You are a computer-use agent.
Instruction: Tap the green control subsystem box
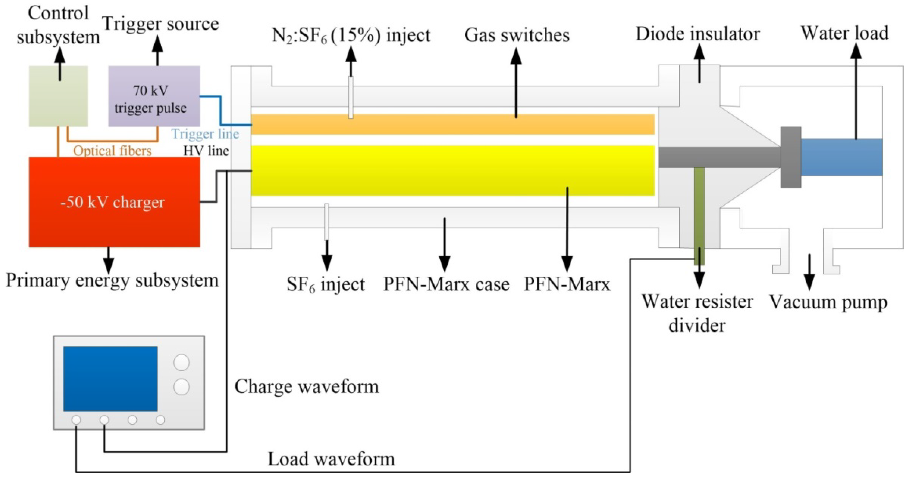tap(58, 103)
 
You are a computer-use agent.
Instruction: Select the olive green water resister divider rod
tap(699, 213)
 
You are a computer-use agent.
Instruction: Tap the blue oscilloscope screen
tap(110, 379)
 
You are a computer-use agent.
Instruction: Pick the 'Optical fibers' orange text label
tap(112, 151)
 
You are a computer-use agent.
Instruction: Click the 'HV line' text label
tap(206, 151)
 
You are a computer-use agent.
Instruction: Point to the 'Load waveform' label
tap(331, 459)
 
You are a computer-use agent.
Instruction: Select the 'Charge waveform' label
tap(307, 387)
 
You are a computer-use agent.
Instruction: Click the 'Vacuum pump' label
tap(828, 302)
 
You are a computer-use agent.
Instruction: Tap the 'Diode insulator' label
tap(697, 34)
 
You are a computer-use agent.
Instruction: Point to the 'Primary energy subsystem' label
tap(112, 280)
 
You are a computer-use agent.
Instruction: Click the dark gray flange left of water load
tap(791, 157)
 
